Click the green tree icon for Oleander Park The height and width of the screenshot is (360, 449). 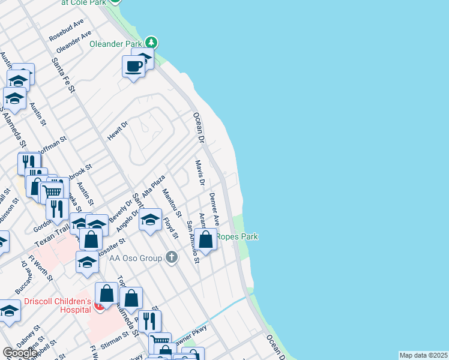[x=152, y=43]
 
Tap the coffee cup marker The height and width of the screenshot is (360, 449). [x=133, y=65]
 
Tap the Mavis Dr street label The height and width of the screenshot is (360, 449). [x=200, y=172]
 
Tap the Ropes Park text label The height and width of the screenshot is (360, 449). [x=237, y=236]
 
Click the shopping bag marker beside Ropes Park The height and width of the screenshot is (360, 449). [x=205, y=240]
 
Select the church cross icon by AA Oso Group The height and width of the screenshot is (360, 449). [x=172, y=258]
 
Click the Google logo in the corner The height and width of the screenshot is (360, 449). [x=19, y=353]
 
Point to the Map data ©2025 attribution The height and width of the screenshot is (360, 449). [x=423, y=355]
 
